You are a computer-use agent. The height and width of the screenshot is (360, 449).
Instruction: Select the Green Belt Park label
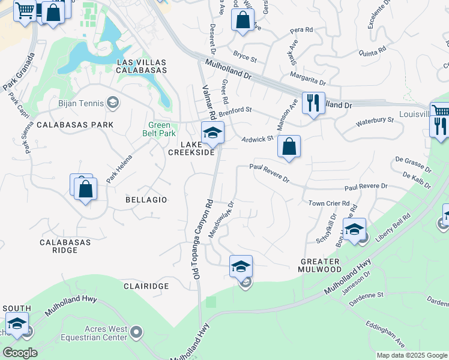click(159, 130)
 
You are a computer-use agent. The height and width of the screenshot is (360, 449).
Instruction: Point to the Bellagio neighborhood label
click(146, 199)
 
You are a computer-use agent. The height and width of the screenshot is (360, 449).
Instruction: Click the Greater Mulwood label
click(320, 265)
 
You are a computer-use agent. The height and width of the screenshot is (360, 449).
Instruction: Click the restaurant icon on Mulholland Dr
click(313, 103)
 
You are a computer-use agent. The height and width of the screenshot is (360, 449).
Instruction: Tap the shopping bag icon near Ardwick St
click(289, 146)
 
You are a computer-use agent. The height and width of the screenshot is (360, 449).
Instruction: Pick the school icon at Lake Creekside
click(212, 133)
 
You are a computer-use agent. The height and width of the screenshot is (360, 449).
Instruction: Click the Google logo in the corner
click(20, 353)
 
